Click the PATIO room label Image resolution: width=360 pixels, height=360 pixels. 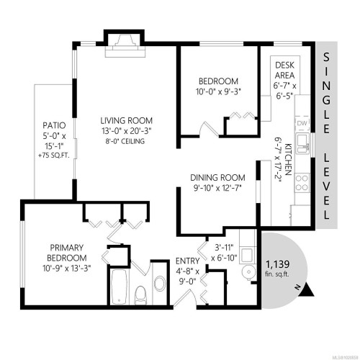pos(53,124)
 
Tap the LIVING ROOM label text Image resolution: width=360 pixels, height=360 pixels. pos(127,120)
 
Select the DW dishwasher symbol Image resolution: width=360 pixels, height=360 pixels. pos(303,123)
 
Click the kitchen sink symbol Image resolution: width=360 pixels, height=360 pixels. pos(305,148)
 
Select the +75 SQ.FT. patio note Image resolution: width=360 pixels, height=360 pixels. pos(53,155)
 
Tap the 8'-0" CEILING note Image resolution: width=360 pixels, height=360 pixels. pos(127,141)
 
